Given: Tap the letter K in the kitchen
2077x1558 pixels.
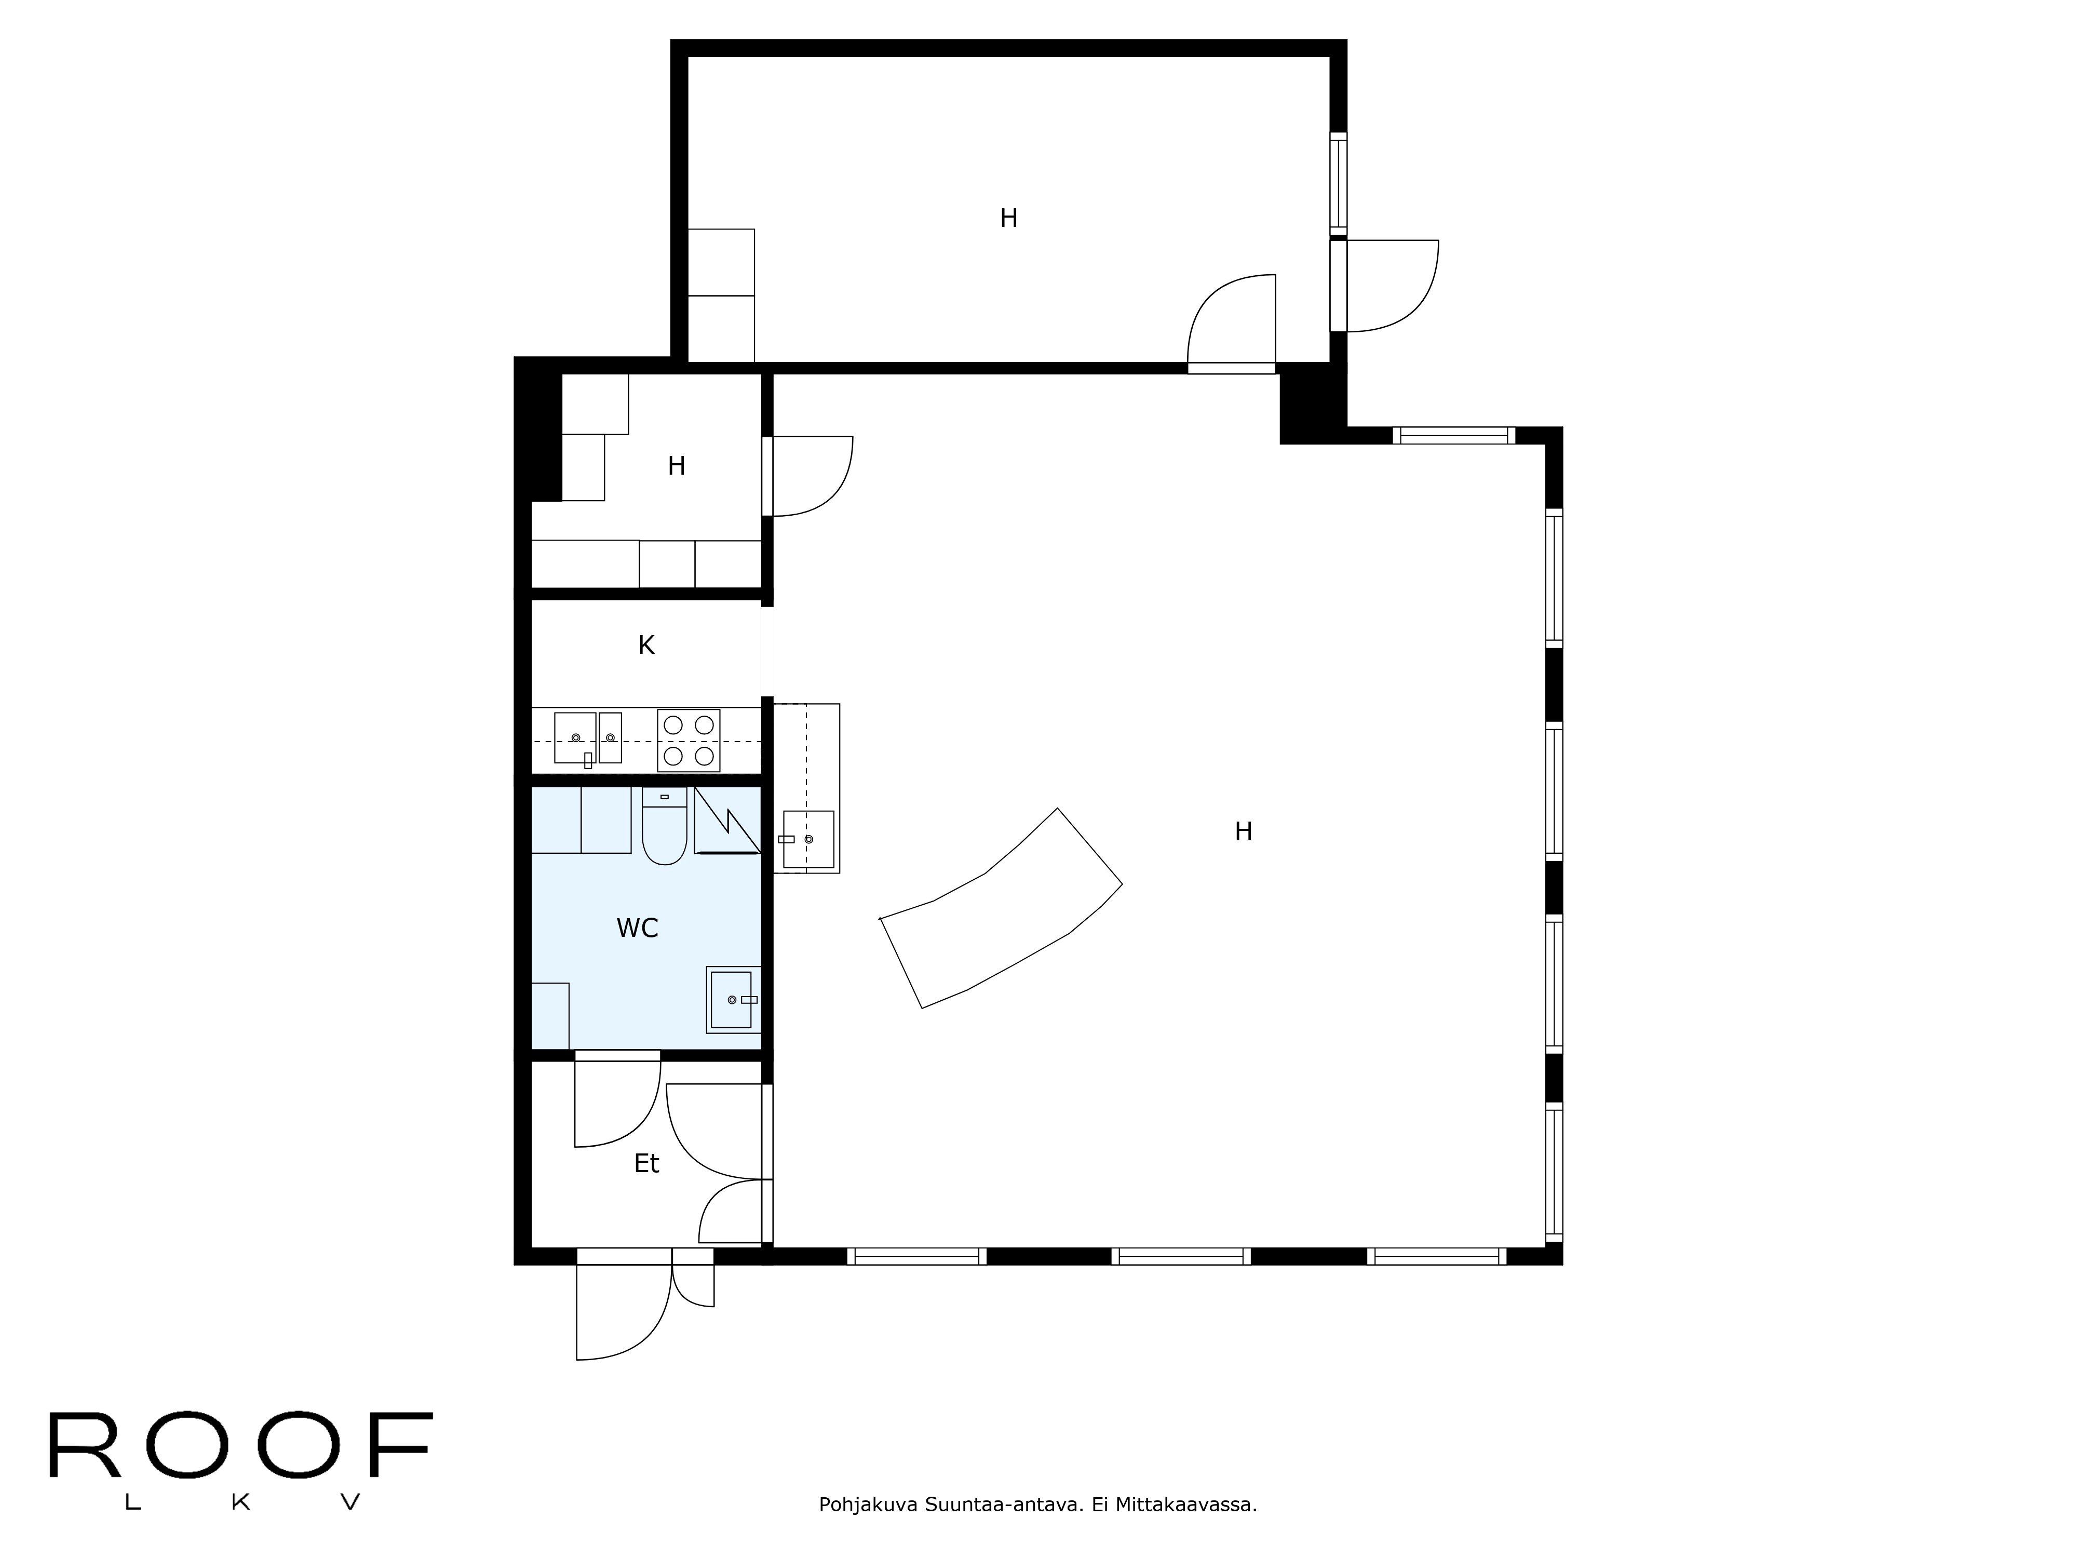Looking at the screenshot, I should coord(646,645).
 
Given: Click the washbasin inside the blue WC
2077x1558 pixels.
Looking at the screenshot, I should coord(732,999).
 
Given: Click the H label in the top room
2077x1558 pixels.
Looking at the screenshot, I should coord(1008,219).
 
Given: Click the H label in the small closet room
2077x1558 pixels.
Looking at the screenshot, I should coord(676,466).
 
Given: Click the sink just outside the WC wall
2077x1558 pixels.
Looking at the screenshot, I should coord(807,839).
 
